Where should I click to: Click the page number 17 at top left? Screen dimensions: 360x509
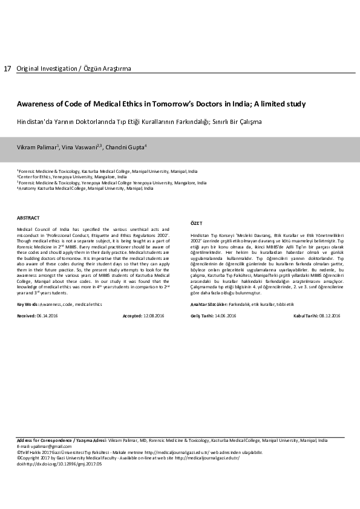coord(7,69)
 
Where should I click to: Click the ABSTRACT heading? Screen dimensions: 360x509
coord(28,218)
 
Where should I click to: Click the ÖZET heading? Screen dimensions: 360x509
coord(197,223)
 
